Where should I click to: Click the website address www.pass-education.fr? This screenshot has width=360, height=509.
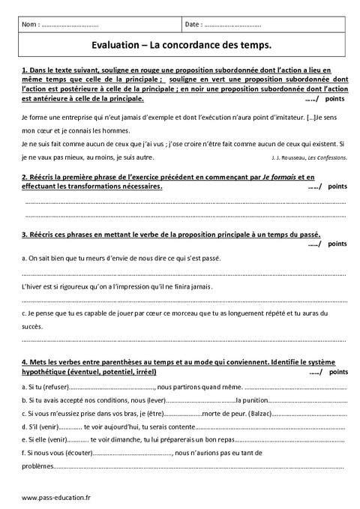(56, 499)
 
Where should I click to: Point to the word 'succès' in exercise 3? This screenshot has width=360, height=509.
(34, 327)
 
